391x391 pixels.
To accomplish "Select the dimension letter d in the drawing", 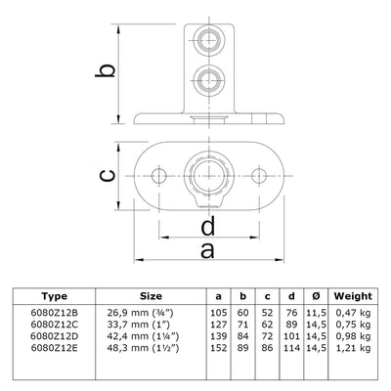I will coord(207,230).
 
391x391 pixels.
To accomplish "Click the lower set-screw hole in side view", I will coord(208,77).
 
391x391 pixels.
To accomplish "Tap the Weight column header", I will coord(352,294).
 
